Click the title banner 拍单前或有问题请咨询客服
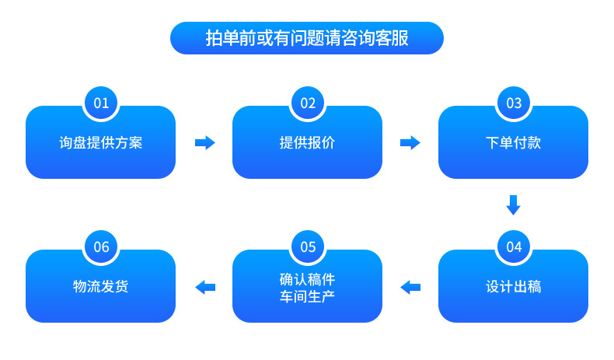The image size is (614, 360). tap(306, 37)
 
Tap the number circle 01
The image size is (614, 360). tap(101, 103)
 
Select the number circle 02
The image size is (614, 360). tap(308, 103)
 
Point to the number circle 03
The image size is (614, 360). tap(514, 103)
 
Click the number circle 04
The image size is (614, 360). tap(514, 246)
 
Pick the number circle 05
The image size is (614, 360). tap(308, 246)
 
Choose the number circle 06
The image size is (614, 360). tap(101, 246)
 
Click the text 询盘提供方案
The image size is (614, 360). tap(101, 143)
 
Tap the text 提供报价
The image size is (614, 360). tap(307, 143)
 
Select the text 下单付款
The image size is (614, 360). tap(513, 143)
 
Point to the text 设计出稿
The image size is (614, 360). tap(513, 286)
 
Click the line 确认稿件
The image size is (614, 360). tap(307, 278)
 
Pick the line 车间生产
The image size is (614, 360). tap(307, 296)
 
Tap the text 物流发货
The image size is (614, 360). tap(101, 286)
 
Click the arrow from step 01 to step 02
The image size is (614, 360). tap(204, 143)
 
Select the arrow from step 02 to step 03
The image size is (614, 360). tap(410, 143)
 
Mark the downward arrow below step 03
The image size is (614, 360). tap(513, 204)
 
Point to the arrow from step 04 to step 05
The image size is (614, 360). tap(410, 287)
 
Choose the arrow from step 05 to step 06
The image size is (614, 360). tap(204, 287)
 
